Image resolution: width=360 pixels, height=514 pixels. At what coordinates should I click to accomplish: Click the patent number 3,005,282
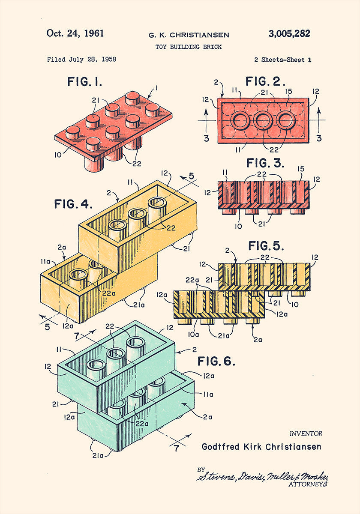pyautogui.click(x=289, y=34)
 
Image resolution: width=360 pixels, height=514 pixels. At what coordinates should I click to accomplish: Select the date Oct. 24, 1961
pyautogui.click(x=75, y=33)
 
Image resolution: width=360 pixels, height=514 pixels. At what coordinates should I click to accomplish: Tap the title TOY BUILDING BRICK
pyautogui.click(x=189, y=47)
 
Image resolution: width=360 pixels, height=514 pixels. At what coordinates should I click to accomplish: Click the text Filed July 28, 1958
pyautogui.click(x=81, y=60)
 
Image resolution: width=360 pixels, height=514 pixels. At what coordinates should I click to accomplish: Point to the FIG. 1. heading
pyautogui.click(x=84, y=81)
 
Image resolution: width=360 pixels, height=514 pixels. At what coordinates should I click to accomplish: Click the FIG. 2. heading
pyautogui.click(x=265, y=81)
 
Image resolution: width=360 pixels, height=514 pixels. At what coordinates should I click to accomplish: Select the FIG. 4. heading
pyautogui.click(x=73, y=204)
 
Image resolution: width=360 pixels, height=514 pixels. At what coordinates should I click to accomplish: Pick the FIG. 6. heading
pyautogui.click(x=216, y=361)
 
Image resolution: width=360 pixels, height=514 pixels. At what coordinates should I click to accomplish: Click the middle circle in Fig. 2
pyautogui.click(x=262, y=121)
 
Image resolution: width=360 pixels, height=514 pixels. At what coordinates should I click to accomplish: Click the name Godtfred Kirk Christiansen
pyautogui.click(x=261, y=447)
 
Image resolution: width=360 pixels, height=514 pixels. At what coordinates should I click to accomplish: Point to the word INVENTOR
pyautogui.click(x=306, y=433)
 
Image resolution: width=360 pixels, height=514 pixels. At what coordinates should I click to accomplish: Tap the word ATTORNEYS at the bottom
pyautogui.click(x=308, y=484)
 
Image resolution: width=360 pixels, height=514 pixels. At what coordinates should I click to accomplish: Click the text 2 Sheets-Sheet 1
pyautogui.click(x=282, y=60)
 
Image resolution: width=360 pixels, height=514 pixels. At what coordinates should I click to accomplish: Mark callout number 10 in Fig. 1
pyautogui.click(x=58, y=155)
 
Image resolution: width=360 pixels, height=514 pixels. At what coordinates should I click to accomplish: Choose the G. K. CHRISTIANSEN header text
pyautogui.click(x=189, y=35)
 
